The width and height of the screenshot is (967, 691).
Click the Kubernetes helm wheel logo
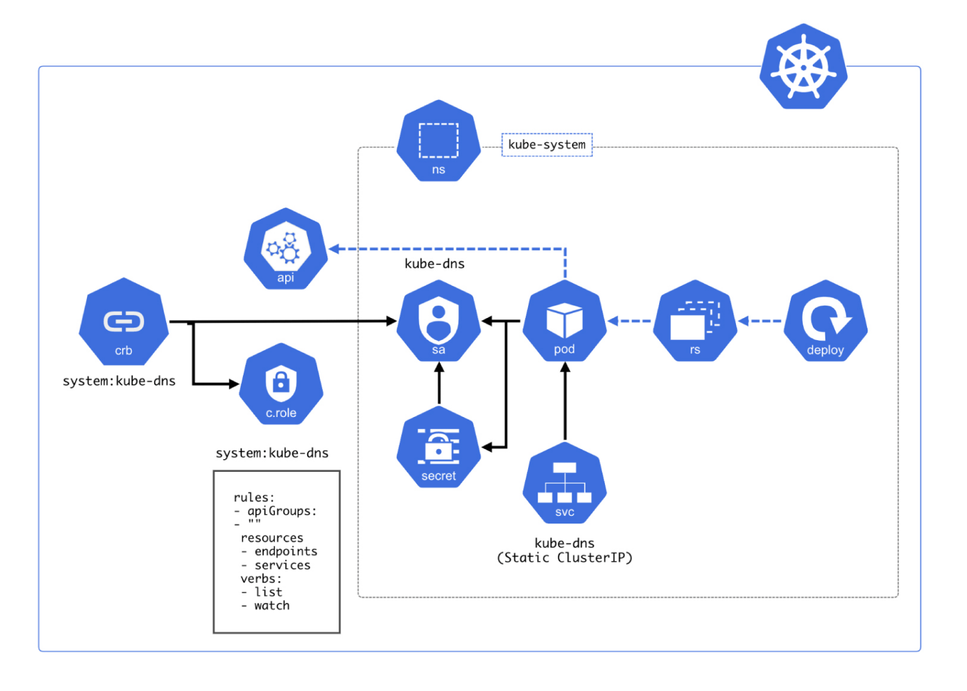click(803, 67)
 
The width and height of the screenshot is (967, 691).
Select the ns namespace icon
click(439, 142)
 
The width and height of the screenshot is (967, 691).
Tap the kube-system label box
click(546, 145)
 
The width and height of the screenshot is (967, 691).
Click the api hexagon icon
click(286, 249)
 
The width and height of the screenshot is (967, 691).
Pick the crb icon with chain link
click(123, 323)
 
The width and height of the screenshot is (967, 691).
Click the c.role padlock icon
click(281, 385)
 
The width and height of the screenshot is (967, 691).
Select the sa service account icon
click(439, 321)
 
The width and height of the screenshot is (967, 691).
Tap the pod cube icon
click(565, 321)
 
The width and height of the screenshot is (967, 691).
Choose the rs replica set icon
click(695, 321)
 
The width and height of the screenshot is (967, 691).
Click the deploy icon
click(825, 321)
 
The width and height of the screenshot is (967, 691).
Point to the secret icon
click(439, 447)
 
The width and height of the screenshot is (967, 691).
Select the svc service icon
click(565, 484)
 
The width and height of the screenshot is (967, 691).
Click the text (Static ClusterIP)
click(565, 558)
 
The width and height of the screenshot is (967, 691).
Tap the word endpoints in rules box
click(286, 552)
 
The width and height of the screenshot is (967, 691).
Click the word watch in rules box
click(272, 606)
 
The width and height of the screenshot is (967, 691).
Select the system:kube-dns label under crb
click(119, 381)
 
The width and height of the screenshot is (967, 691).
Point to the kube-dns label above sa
click(434, 264)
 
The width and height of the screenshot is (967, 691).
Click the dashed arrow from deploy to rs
click(761, 321)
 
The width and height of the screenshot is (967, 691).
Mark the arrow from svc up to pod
click(565, 403)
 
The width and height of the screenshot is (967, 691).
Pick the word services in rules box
click(282, 566)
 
